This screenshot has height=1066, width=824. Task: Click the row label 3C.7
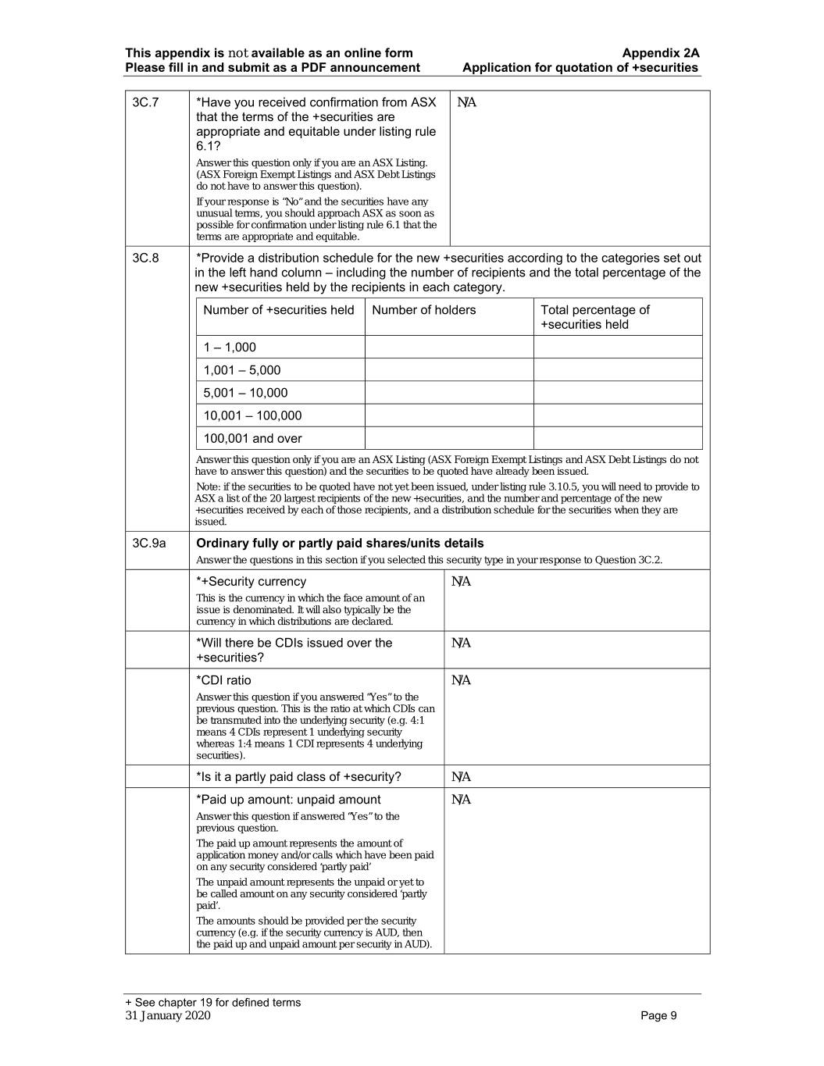pos(145,102)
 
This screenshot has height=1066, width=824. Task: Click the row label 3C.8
pos(145,258)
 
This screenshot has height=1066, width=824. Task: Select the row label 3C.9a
pos(148,544)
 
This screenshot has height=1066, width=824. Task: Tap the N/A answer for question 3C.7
pos(466,102)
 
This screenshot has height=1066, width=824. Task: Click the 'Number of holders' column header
pos(423,310)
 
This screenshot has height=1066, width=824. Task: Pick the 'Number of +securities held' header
pos(279,310)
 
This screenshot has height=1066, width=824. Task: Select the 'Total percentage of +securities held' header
pos(594,317)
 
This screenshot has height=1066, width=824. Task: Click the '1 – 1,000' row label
pos(230,348)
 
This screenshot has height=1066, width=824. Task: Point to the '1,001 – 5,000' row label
pos(242,370)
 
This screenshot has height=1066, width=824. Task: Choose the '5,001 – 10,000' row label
pos(245,393)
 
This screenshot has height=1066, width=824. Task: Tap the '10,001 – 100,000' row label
pos(252,415)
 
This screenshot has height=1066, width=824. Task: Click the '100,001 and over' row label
pos(252,438)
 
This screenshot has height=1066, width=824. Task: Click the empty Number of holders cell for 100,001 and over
pos(449,438)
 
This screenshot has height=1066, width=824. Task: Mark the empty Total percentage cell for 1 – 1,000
pos(618,348)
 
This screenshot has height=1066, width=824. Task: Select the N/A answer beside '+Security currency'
pos(462,582)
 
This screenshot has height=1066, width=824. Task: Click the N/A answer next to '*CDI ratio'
pos(462,681)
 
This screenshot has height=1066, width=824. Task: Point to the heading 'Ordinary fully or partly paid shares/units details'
pos(340,544)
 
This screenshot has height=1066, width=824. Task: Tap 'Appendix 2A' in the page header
pos(661,53)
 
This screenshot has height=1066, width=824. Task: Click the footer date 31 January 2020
pos(168,1015)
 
